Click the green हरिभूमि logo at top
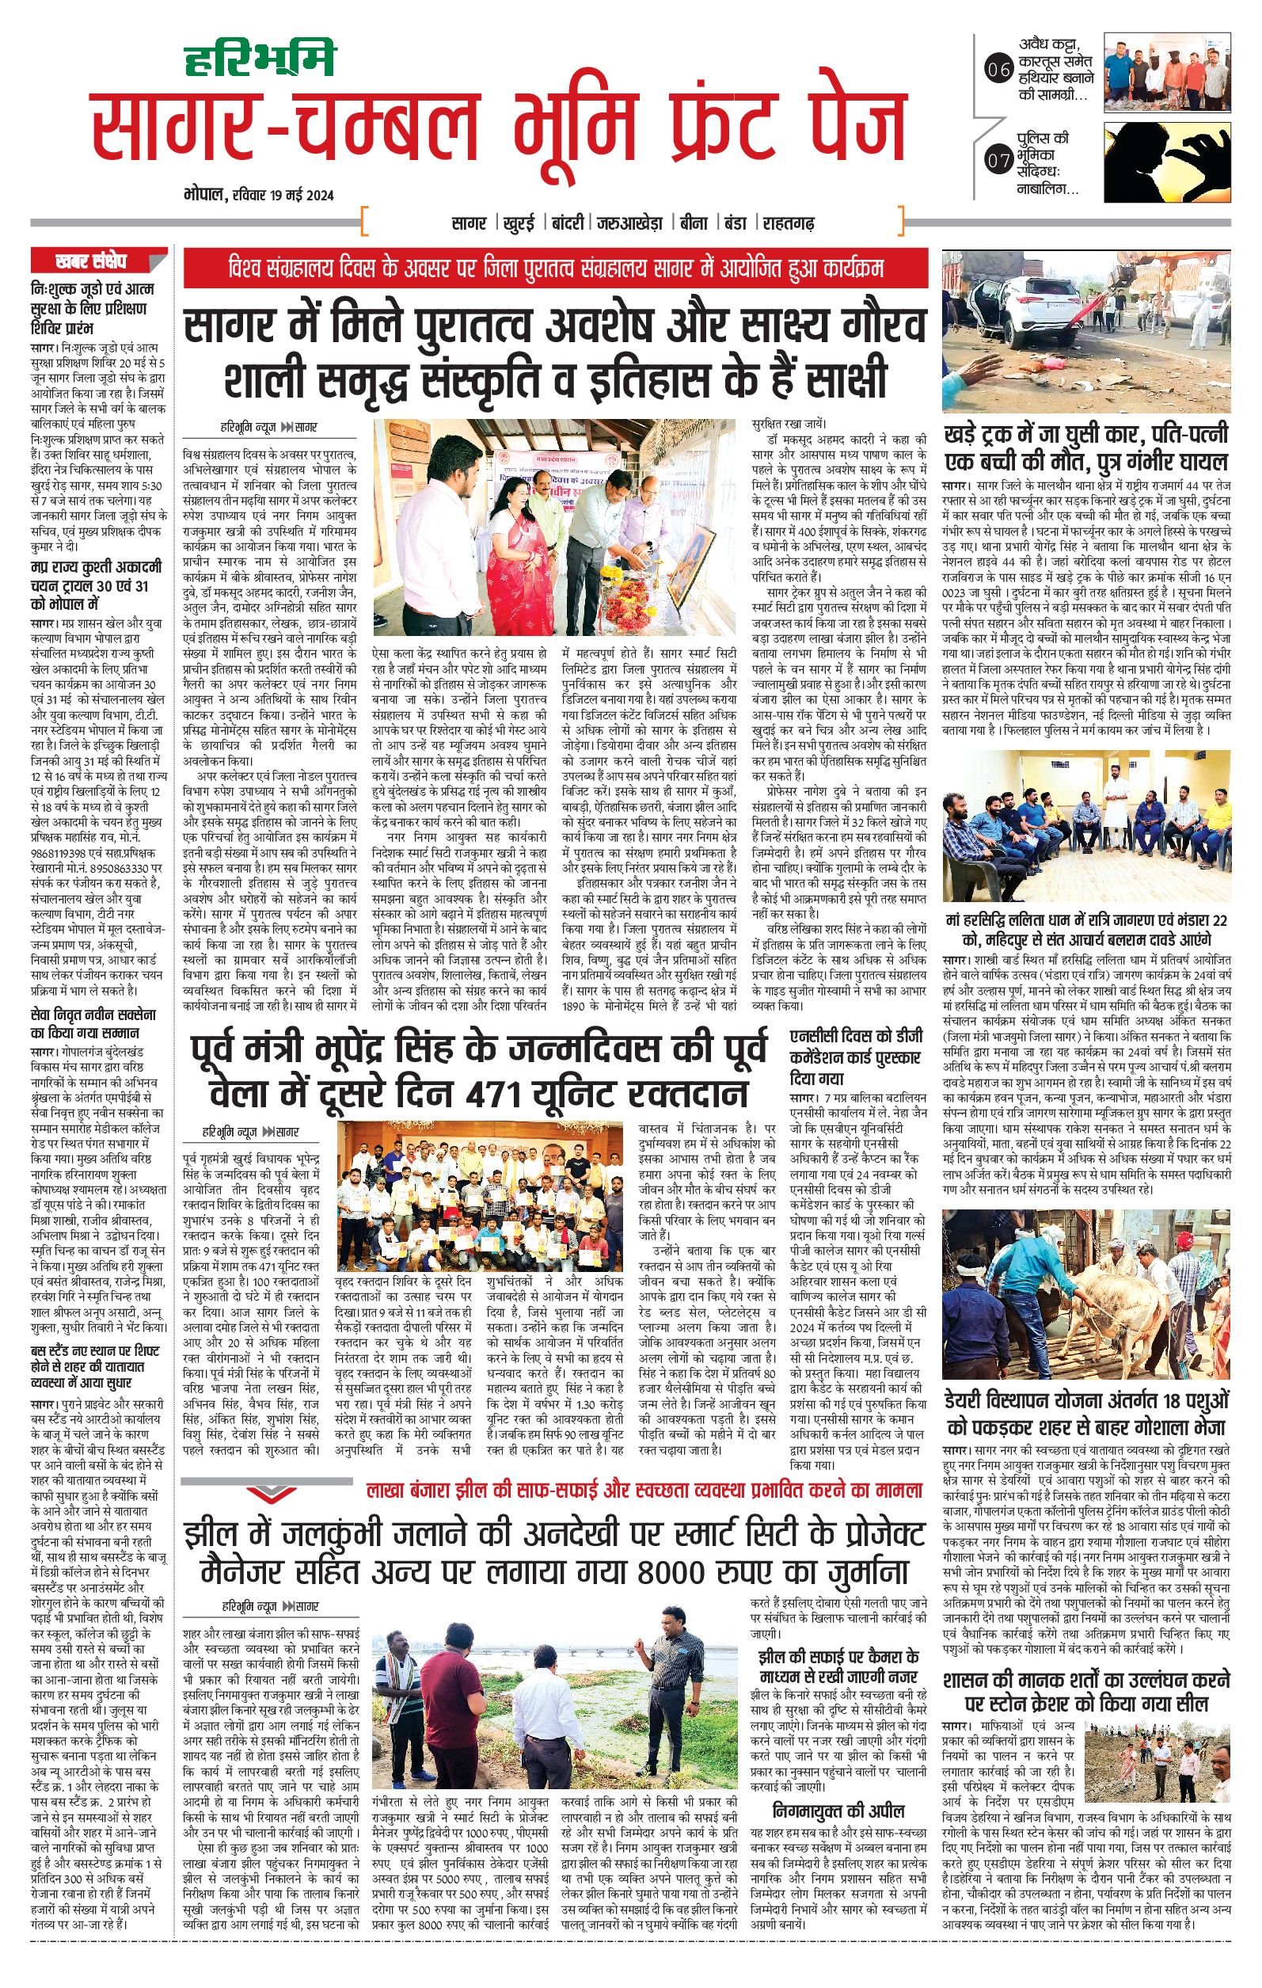(259, 59)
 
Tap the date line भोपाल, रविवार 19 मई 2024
(258, 196)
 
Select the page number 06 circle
(998, 71)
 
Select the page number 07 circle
(998, 161)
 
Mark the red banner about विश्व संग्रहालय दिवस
(555, 269)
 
